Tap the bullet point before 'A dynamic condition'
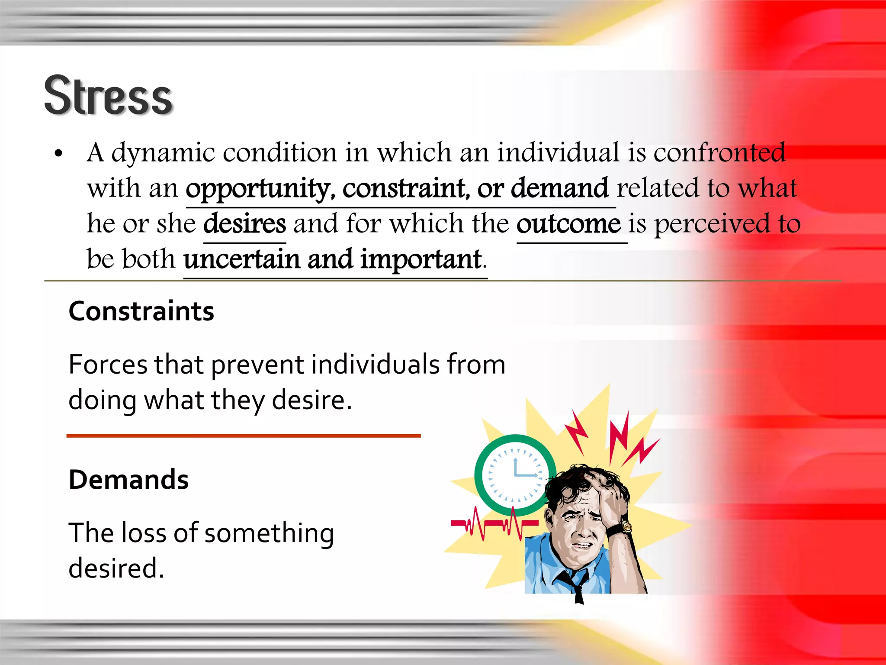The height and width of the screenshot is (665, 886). point(59,154)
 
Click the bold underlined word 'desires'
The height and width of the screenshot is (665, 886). point(244,224)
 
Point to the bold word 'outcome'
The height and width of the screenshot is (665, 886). point(569,224)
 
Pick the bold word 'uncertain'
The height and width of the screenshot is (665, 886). point(241,259)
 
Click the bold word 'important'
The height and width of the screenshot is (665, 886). point(421,259)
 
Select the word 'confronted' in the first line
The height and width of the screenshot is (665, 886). point(719,153)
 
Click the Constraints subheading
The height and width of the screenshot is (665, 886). point(141,311)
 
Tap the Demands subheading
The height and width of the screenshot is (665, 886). point(128,480)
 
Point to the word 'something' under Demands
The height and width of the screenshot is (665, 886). point(269,533)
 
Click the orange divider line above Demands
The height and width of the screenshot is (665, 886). point(243,436)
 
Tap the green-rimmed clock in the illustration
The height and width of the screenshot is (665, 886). point(515,475)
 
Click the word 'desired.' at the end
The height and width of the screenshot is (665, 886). point(116,568)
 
